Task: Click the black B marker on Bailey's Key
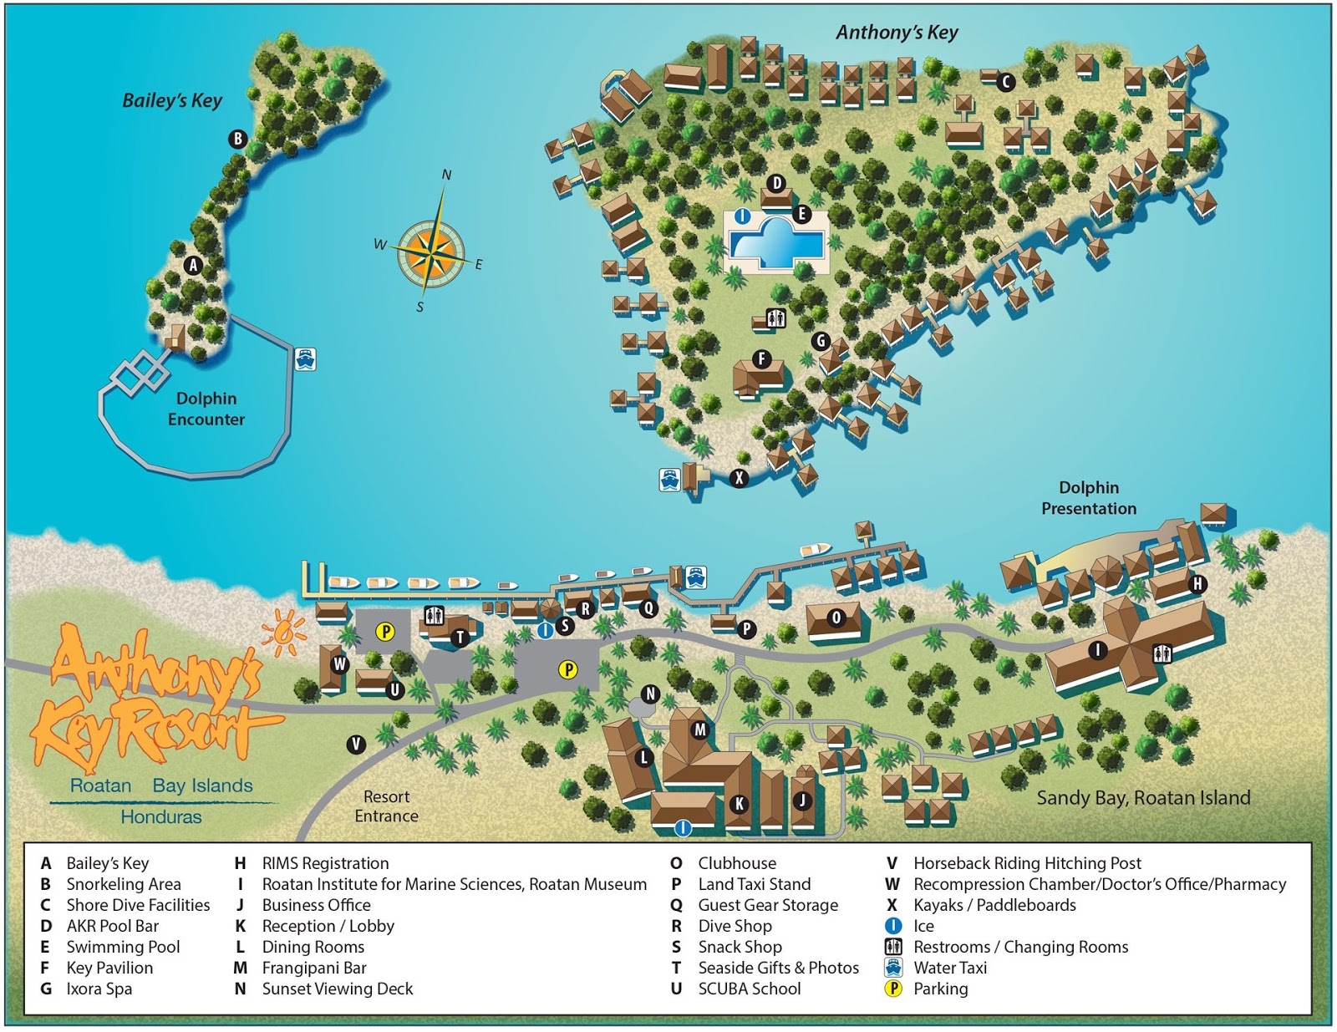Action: tap(238, 139)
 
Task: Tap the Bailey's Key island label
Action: tap(172, 100)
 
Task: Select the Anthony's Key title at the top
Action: tap(897, 33)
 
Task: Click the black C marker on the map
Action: tap(1006, 82)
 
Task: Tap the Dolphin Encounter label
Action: tap(206, 409)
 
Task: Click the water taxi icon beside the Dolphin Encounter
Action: tap(305, 359)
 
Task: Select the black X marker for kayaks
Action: tap(739, 478)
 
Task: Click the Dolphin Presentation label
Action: tap(1088, 498)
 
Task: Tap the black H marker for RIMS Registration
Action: tap(1197, 584)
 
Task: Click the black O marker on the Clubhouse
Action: tap(836, 618)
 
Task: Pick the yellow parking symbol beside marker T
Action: tap(385, 632)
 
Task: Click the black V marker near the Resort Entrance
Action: tap(356, 744)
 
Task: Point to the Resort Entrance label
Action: tap(386, 806)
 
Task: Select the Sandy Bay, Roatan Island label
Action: tap(1143, 798)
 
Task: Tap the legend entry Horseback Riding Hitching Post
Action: tap(1027, 863)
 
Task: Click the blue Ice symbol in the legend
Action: tap(893, 926)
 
